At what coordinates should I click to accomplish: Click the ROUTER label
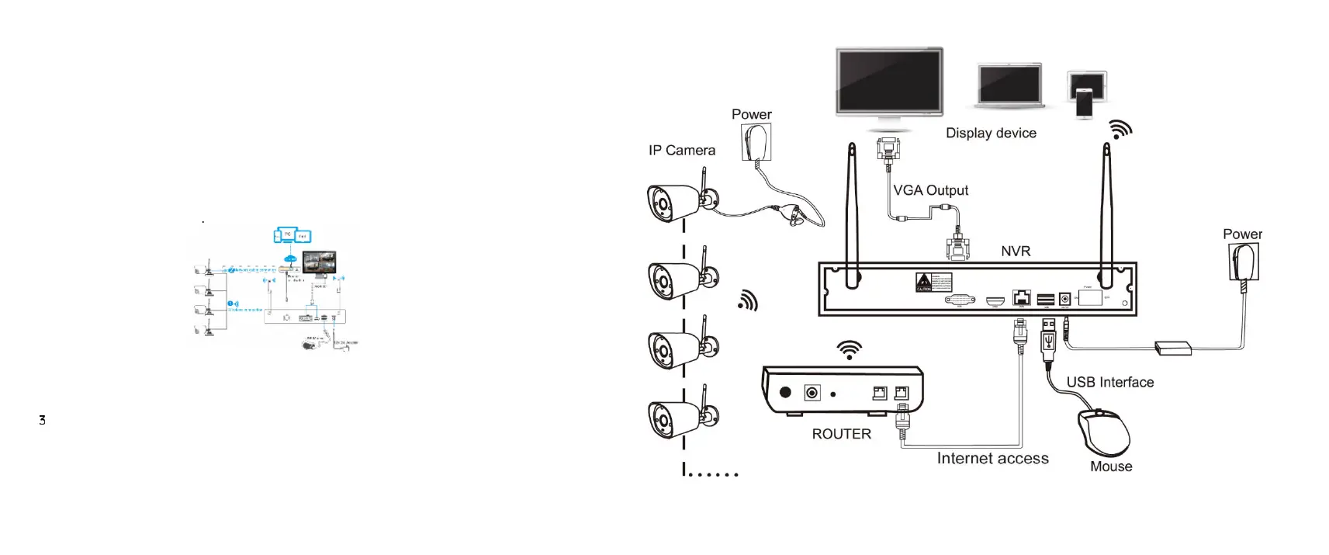tap(841, 434)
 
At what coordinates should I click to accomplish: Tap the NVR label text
tap(1016, 251)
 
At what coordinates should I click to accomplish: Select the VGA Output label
tap(930, 190)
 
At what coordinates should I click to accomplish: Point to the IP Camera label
tap(682, 151)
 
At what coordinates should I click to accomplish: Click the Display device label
tap(991, 133)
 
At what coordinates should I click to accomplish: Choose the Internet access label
tap(992, 458)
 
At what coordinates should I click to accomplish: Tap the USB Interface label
tap(1109, 382)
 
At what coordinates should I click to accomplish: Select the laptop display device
tap(1009, 86)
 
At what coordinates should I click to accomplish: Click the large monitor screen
tap(889, 81)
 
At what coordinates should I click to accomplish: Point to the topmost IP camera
tap(675, 203)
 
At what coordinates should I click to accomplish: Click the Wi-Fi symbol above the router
tap(850, 350)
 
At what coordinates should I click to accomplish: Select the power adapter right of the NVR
tap(1244, 262)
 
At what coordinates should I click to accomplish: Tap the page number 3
tap(42, 420)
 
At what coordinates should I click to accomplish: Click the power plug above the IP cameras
tap(756, 142)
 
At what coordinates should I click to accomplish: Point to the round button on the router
tap(785, 393)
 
